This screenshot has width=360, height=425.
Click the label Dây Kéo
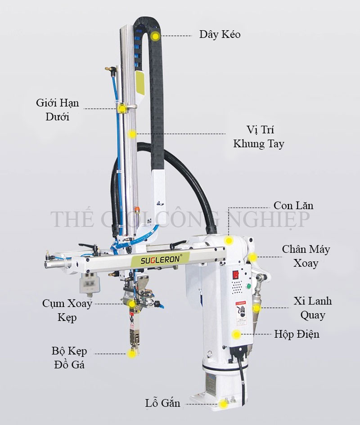click(220, 35)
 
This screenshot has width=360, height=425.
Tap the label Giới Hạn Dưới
click(57, 110)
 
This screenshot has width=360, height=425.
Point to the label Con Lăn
click(293, 206)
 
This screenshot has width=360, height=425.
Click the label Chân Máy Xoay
click(306, 256)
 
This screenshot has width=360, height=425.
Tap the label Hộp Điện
click(297, 334)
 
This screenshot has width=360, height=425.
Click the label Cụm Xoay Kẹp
click(67, 310)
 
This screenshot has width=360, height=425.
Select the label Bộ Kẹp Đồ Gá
click(68, 357)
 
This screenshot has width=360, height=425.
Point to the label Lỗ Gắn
click(162, 403)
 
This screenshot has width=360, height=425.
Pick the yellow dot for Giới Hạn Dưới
click(121, 109)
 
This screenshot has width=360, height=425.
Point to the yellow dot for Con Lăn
click(229, 241)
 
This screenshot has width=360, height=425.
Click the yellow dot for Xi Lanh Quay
click(256, 308)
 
